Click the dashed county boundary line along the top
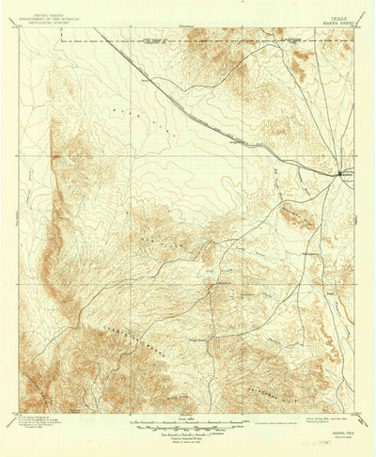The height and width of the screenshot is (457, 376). pyautogui.click(x=188, y=42)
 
